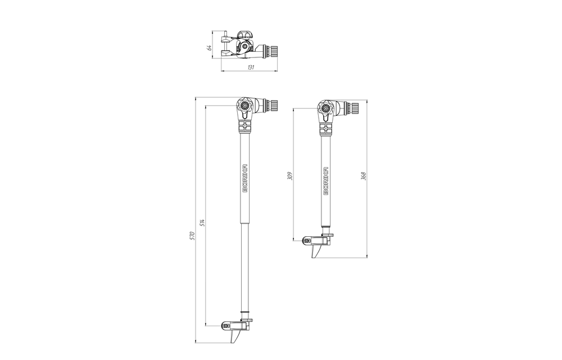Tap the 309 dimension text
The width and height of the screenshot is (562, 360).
pos(289,175)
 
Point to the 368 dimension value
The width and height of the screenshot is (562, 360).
pos(364,175)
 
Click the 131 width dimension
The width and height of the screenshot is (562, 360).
pos(250,67)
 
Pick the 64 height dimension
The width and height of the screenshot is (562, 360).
pos(210,48)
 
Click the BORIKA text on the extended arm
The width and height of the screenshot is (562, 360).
pos(245,178)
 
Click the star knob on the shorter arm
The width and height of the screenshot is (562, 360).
pos(325,107)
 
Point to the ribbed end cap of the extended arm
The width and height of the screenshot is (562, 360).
pos(273,105)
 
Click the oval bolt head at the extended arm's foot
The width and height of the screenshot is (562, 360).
pos(226,326)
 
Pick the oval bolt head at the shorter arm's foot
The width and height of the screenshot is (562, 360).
pos(306,240)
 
